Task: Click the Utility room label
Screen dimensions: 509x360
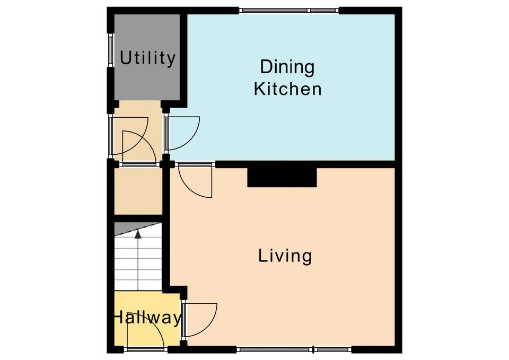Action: pyautogui.click(x=148, y=58)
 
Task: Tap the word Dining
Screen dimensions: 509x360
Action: pyautogui.click(x=287, y=67)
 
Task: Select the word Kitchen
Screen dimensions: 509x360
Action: pyautogui.click(x=287, y=89)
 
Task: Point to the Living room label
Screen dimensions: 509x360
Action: pyautogui.click(x=285, y=256)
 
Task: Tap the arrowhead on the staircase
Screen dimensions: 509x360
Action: pyautogui.click(x=138, y=234)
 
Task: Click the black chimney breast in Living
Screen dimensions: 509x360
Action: pyautogui.click(x=282, y=177)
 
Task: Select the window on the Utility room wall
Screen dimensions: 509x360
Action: pyautogui.click(x=110, y=50)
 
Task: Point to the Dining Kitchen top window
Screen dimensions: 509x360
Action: pyautogui.click(x=289, y=11)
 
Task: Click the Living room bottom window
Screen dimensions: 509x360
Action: pyautogui.click(x=294, y=349)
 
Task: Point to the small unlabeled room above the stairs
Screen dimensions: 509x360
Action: pyautogui.click(x=138, y=191)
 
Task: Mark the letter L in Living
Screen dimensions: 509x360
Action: pyautogui.click(x=262, y=255)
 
